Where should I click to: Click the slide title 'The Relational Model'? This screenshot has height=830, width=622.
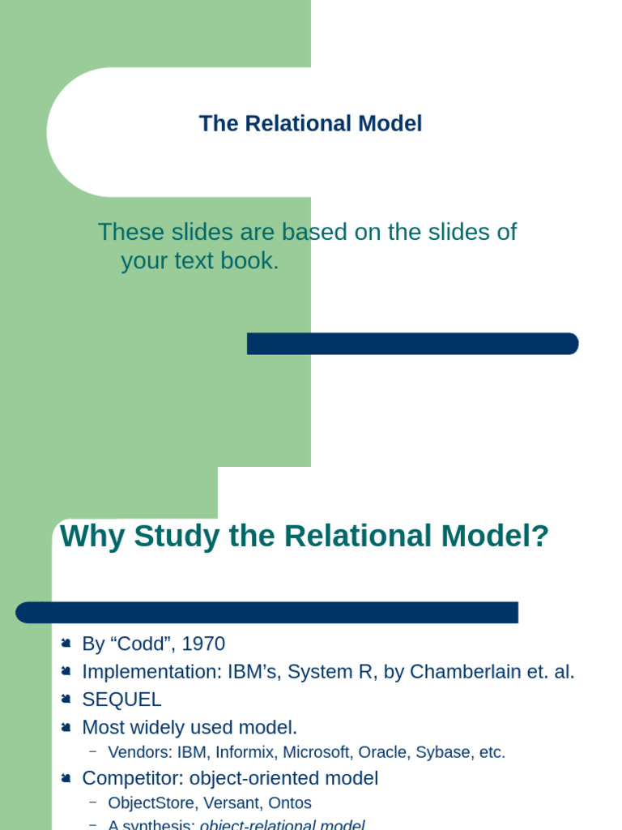click(310, 124)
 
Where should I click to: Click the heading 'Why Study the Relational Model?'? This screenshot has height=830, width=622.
click(305, 537)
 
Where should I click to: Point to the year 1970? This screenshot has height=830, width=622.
click(203, 644)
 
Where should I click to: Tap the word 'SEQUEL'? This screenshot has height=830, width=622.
click(121, 700)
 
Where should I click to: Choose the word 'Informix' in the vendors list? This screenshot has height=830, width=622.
click(246, 752)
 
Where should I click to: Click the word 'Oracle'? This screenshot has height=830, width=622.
click(385, 752)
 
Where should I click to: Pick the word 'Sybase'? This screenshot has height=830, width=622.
click(443, 752)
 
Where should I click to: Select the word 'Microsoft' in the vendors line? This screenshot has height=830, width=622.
click(318, 752)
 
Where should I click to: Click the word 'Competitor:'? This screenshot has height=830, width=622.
click(133, 779)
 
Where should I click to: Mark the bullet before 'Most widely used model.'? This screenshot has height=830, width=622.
click(66, 726)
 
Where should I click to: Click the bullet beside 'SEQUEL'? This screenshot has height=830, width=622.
click(66, 699)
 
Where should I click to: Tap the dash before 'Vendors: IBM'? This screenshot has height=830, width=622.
click(92, 751)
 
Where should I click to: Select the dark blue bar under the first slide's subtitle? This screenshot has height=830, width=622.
click(412, 344)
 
